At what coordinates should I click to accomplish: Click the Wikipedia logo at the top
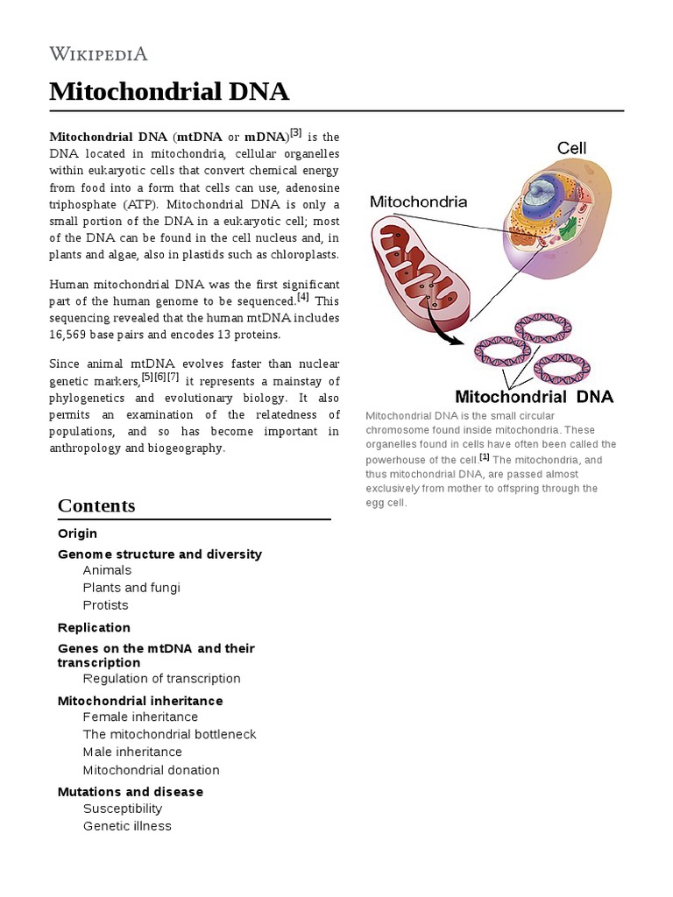click(98, 54)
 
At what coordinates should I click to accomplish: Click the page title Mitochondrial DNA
click(169, 91)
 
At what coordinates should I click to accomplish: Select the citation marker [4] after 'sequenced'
click(303, 298)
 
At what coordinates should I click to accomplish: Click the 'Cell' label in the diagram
click(571, 148)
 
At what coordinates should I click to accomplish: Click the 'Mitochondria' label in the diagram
click(418, 201)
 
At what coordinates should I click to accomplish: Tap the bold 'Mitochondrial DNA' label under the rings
click(534, 396)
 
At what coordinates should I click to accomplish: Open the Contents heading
click(96, 505)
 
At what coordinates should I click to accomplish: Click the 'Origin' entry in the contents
click(77, 533)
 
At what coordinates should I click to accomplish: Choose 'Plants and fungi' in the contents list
click(131, 588)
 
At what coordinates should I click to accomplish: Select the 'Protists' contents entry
click(105, 605)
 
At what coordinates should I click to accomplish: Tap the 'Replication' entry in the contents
click(94, 627)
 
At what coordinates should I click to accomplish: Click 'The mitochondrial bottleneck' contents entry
click(169, 734)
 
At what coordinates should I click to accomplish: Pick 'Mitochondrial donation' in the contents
click(151, 770)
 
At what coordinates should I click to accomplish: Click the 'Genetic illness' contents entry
click(127, 826)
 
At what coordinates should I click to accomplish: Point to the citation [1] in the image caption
click(484, 457)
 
